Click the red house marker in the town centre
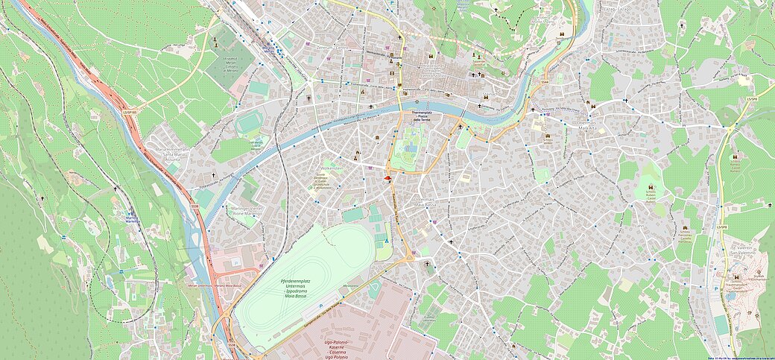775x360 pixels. (387, 179)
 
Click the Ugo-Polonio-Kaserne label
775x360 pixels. (338, 349)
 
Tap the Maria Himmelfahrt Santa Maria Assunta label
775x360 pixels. (171, 154)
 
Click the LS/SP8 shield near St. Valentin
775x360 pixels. (721, 227)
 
